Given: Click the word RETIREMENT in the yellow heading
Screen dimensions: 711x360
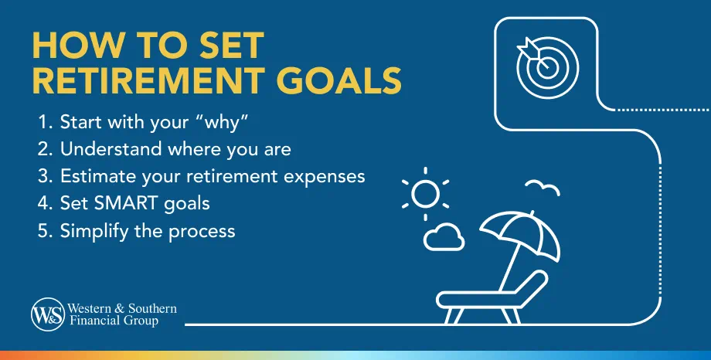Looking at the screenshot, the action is pos(148,80).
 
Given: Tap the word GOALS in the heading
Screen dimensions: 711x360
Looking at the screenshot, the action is pos(339,80).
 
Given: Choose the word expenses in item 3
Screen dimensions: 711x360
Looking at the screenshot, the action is pos(325,177).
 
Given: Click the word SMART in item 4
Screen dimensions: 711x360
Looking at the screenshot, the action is pos(121,204).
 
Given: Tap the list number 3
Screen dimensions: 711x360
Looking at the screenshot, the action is pos(45,176).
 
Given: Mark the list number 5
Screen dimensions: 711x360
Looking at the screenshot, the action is pos(45,231).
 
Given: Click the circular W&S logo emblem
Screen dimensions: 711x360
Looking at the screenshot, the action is pos(48,314).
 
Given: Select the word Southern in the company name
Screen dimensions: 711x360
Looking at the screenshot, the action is pos(152,309).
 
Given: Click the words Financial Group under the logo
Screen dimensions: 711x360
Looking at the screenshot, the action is pos(114,321).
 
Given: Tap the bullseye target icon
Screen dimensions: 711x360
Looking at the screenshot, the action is pos(547,67).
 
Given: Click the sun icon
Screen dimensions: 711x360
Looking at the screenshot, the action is pos(425,194).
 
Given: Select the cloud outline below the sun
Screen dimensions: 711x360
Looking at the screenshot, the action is pos(444,236).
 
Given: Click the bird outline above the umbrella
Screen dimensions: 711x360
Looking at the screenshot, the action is pos(543,187).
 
